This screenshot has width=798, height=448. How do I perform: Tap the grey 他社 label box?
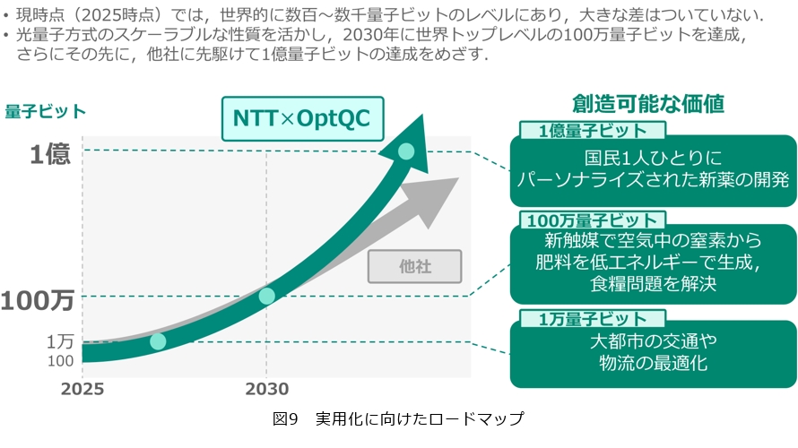pyautogui.click(x=414, y=265)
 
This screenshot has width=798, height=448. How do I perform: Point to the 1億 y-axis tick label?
pyautogui.click(x=49, y=154)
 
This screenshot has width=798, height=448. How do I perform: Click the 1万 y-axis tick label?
pyautogui.click(x=60, y=340)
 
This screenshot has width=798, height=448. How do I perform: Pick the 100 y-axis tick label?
pyautogui.click(x=61, y=360)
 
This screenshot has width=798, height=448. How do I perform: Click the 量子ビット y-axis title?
pyautogui.click(x=46, y=111)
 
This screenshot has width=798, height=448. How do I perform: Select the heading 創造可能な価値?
pyautogui.click(x=648, y=103)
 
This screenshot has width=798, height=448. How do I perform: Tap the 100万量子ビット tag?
pyautogui.click(x=592, y=220)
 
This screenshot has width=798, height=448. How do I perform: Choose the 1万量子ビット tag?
pyautogui.click(x=592, y=318)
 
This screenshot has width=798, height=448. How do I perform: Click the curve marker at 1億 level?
pyautogui.click(x=406, y=151)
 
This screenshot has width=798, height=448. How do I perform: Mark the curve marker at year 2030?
pyautogui.click(x=266, y=296)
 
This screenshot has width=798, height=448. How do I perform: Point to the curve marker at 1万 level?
pyautogui.click(x=158, y=340)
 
